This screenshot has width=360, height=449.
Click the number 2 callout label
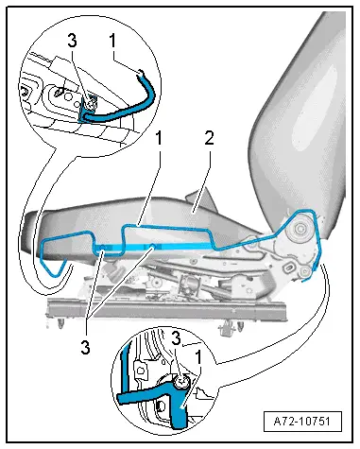(210, 138)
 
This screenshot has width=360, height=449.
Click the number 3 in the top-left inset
(72, 41)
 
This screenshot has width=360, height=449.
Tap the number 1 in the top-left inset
(112, 41)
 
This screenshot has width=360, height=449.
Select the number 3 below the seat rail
(85, 347)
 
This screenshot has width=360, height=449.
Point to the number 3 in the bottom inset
(177, 339)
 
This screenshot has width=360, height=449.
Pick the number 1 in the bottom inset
(198, 357)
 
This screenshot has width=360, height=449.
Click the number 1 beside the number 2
(160, 138)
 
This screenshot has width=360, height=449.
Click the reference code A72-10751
(301, 422)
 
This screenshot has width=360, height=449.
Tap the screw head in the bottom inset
(181, 382)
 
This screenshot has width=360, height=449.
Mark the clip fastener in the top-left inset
(90, 103)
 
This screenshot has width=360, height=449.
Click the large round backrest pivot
(300, 227)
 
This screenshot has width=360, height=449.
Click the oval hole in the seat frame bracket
(288, 269)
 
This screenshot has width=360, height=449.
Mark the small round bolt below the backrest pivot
(304, 270)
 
